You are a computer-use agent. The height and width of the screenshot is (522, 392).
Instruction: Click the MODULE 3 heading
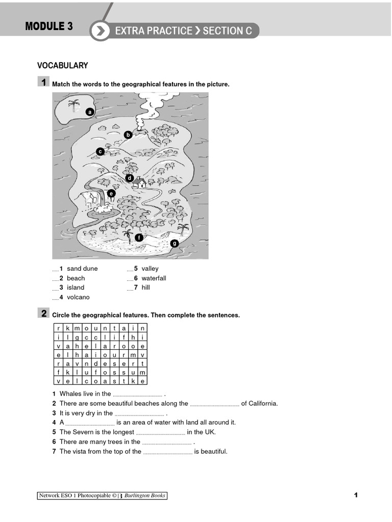(49, 27)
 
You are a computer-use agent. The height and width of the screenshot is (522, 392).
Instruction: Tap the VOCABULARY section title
(63, 65)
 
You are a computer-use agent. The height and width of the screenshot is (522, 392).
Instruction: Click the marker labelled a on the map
(90, 112)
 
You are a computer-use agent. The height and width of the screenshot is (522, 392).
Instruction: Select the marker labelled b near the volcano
(128, 135)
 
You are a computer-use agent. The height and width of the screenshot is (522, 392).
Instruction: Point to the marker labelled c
(101, 151)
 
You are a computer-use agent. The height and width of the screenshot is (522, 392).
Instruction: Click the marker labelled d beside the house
(130, 178)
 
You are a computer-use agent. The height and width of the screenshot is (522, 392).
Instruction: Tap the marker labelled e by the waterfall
(111, 193)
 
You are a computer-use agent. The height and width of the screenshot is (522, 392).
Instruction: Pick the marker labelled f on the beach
(139, 237)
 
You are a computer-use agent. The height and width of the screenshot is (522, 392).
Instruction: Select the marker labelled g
(175, 243)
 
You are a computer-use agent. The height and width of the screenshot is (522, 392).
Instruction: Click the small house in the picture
(139, 182)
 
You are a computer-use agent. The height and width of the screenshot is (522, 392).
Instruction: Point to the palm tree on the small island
(74, 106)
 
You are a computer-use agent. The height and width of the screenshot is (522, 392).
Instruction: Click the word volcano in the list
(78, 297)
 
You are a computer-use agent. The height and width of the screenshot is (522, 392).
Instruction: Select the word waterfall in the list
(154, 278)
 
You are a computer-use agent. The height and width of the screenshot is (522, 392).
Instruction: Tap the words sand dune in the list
(82, 269)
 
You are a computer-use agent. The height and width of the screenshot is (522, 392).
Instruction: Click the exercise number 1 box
(43, 83)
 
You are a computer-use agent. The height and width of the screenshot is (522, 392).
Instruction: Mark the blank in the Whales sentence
(137, 394)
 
